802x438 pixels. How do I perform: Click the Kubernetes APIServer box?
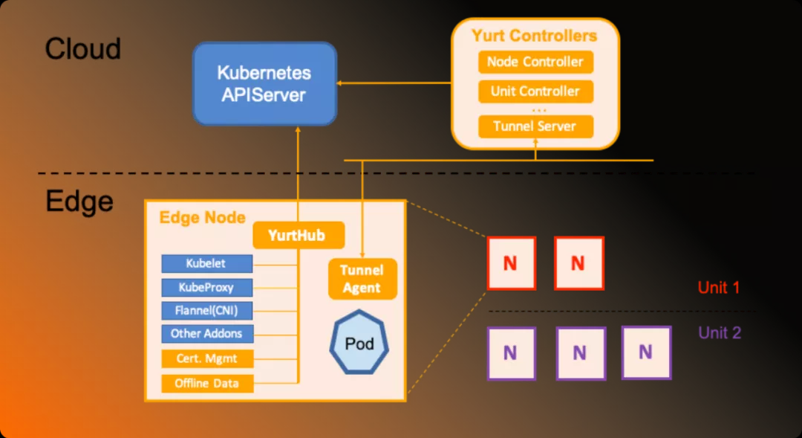pos(264,83)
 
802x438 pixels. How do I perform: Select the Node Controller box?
pos(535,62)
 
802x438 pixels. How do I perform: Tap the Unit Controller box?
pos(535,91)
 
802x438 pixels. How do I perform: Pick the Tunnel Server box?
pos(535,126)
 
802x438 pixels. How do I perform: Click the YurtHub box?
pos(299,235)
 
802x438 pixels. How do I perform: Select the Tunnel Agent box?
pos(362,279)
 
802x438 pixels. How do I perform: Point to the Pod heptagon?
pos(359,344)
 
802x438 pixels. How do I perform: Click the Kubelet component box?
pos(207,263)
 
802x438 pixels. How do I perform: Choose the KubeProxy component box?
pos(207,287)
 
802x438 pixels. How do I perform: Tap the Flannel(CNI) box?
pos(207,310)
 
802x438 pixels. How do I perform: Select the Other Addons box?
pos(207,333)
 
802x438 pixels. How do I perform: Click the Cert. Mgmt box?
pos(207,358)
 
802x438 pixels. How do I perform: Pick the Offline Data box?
pos(207,384)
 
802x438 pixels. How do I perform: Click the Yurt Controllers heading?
pos(535,35)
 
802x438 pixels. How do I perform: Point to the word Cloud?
pos(82,49)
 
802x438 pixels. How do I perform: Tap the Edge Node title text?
pos(202,217)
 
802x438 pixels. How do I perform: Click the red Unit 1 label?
pos(718,287)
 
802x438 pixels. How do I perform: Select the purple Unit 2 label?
pos(719,332)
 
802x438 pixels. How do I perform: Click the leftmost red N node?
pos(511,263)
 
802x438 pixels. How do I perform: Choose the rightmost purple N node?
pos(646,352)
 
